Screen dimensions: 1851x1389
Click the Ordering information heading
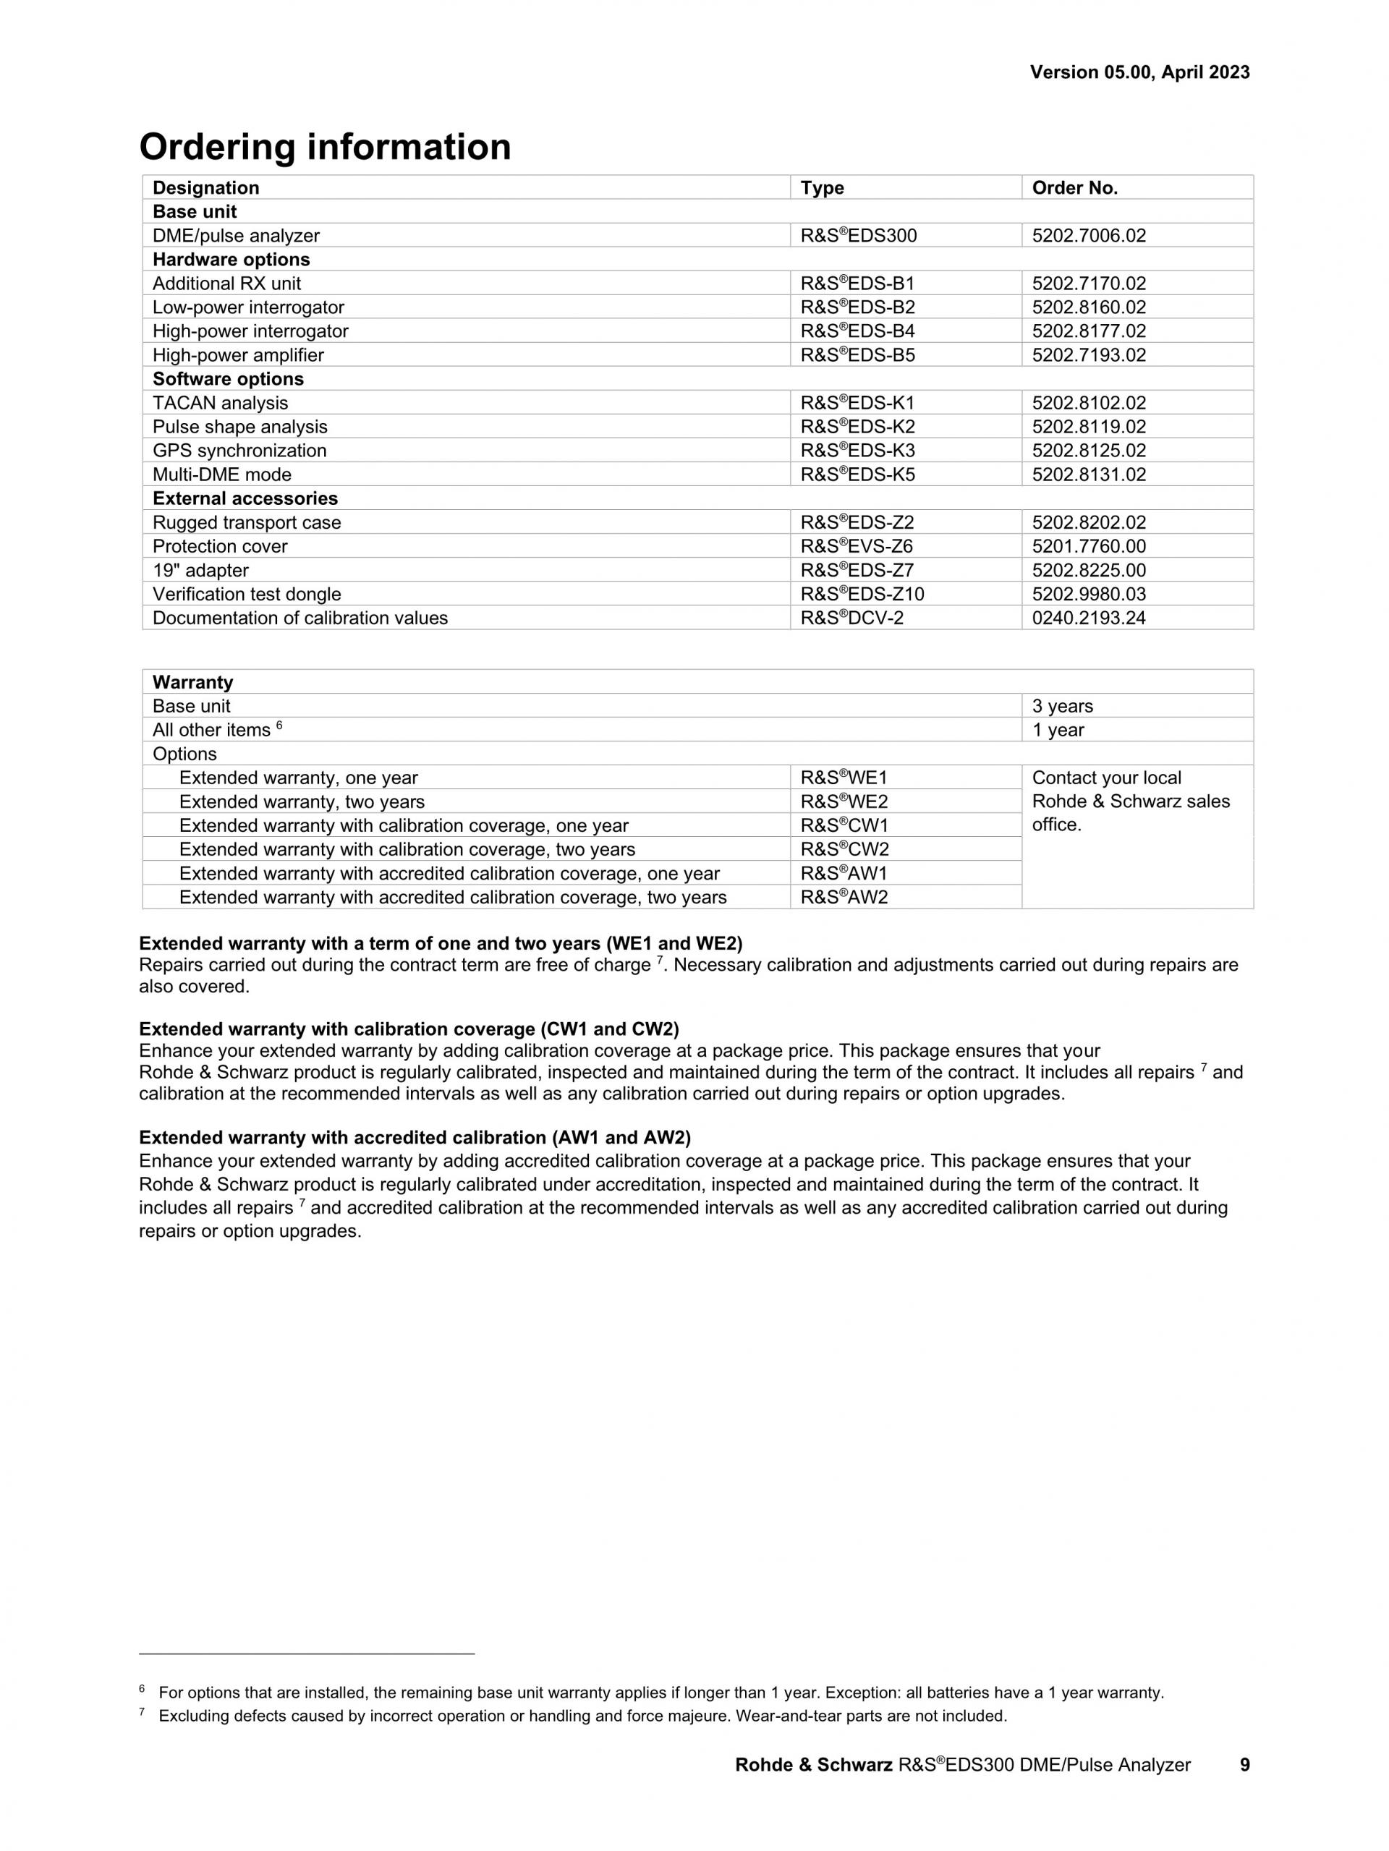click(x=325, y=148)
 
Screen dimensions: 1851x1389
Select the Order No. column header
click(x=1074, y=187)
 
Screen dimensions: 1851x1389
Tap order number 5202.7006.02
click(x=1089, y=236)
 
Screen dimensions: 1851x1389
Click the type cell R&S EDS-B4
click(x=858, y=331)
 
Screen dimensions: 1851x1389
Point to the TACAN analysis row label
click(x=220, y=404)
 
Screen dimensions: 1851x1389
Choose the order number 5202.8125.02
click(x=1089, y=451)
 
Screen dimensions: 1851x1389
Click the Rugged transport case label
click(x=247, y=523)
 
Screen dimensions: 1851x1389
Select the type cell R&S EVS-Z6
click(x=856, y=546)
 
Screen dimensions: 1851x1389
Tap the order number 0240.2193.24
click(x=1089, y=618)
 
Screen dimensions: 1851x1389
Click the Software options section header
click(x=228, y=379)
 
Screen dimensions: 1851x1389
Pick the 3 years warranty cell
click(x=1063, y=706)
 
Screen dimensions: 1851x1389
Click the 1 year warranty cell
click(x=1058, y=731)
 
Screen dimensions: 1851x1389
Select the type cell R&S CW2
click(x=844, y=849)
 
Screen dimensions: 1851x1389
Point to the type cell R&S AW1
click(x=844, y=874)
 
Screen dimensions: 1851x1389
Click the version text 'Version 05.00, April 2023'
click(x=1139, y=73)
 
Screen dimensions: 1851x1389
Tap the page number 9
click(x=1244, y=1765)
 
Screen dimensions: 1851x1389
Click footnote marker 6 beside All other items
click(x=279, y=725)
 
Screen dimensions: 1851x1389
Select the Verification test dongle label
click(x=247, y=594)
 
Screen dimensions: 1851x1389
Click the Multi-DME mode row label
click(x=222, y=475)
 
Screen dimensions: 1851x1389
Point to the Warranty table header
click(x=192, y=682)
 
